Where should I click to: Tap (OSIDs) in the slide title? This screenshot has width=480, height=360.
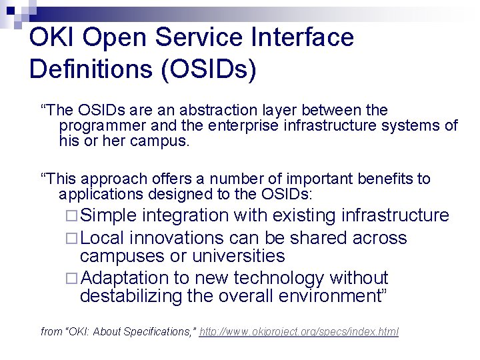click(x=207, y=69)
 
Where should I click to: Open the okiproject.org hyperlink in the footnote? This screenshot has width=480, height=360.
click(x=299, y=331)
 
